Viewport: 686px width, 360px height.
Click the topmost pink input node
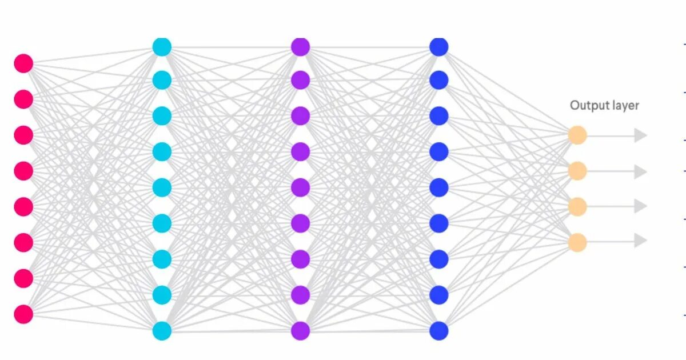23,63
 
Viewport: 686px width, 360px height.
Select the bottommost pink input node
23,314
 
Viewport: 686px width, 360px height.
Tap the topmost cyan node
162,47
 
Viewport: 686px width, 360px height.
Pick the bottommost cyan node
162,330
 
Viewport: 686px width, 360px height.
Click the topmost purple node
300,47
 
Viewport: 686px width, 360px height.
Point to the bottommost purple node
300,330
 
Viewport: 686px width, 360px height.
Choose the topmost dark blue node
438,47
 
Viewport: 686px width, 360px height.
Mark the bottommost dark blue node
438,330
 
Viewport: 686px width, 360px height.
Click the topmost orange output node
577,135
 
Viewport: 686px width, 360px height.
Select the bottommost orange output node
577,242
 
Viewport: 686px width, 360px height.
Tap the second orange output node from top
577,171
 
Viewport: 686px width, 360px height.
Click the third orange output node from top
577,206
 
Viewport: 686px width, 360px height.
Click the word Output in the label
587,106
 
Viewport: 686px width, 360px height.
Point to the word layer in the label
624,106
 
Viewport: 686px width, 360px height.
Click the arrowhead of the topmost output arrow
640,135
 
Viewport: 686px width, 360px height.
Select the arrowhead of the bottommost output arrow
640,241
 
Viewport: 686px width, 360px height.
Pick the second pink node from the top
23,99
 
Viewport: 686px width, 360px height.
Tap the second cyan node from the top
162,81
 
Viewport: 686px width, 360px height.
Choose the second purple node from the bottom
300,295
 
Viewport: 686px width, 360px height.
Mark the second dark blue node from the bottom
438,295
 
